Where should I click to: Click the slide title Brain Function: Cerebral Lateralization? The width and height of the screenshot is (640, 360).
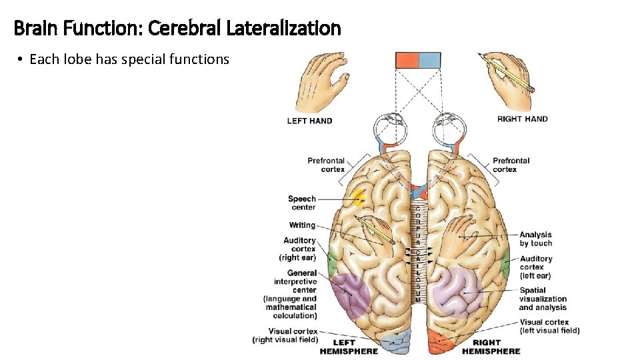(177, 29)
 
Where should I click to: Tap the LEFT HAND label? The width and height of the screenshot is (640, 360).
(309, 121)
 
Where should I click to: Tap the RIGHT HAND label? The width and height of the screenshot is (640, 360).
(522, 119)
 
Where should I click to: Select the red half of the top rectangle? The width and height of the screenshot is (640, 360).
(407, 60)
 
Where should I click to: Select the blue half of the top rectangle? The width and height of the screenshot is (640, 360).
(429, 60)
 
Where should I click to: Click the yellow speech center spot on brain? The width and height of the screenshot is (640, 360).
(359, 197)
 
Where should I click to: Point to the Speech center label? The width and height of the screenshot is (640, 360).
(302, 203)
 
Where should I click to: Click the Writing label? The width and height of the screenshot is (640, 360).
(302, 225)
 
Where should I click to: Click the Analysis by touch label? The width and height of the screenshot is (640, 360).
(535, 239)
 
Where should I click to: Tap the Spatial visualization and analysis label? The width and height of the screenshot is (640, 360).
(543, 299)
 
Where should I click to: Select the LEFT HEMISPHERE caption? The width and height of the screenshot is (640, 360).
(349, 347)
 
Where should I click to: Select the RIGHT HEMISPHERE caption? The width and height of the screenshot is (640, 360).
(491, 347)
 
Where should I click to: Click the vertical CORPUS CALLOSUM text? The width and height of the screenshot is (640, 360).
(417, 253)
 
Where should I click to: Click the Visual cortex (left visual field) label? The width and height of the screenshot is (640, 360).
(549, 326)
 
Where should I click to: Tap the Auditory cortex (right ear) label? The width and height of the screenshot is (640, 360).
(299, 249)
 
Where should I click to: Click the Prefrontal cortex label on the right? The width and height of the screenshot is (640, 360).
(511, 165)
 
